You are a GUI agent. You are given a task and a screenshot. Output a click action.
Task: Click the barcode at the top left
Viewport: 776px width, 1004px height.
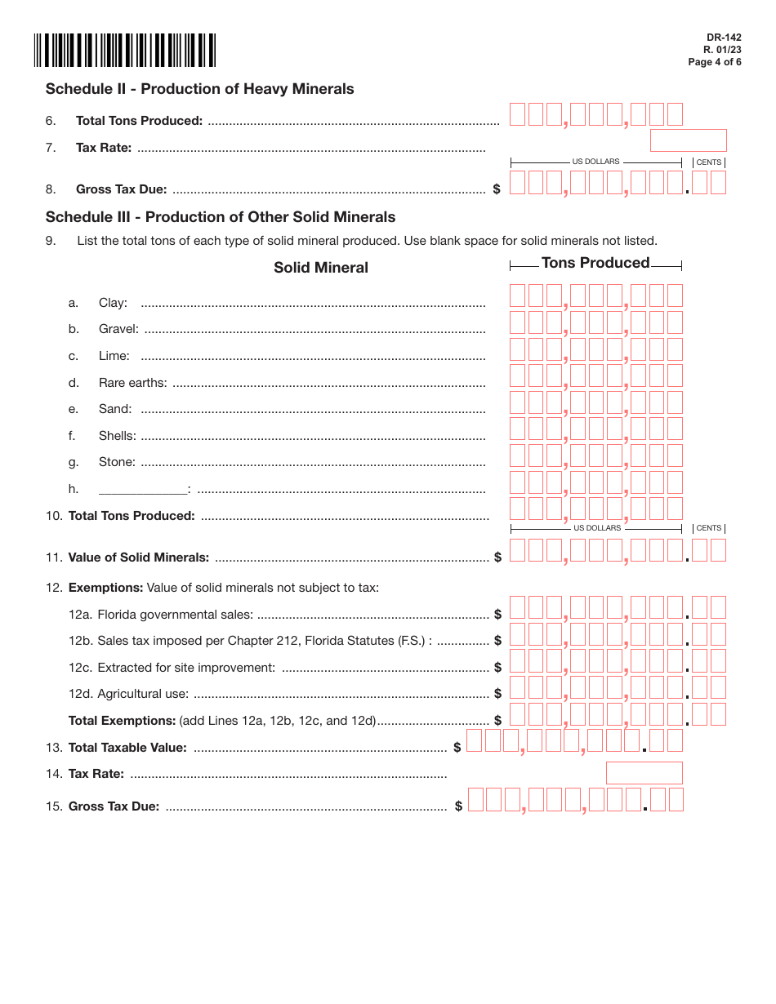click(x=125, y=50)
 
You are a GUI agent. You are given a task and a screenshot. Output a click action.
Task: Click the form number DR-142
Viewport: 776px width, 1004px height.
click(x=724, y=38)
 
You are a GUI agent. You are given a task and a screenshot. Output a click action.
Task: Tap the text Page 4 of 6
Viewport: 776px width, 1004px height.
click(x=715, y=62)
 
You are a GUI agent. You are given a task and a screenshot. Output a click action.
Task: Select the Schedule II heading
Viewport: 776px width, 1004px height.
click(x=200, y=89)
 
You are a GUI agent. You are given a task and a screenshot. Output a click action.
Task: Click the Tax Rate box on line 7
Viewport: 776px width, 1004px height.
click(x=688, y=140)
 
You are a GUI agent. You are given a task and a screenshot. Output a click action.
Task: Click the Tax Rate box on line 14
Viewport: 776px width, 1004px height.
click(x=644, y=773)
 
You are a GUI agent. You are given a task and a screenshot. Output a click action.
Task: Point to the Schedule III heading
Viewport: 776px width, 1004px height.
click(x=221, y=217)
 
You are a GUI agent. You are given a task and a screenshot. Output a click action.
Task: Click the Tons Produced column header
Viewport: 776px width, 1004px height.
click(x=595, y=263)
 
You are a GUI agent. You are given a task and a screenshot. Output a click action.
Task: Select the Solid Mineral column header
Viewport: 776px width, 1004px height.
click(x=321, y=268)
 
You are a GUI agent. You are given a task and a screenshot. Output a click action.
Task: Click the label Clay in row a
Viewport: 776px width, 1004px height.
click(x=113, y=303)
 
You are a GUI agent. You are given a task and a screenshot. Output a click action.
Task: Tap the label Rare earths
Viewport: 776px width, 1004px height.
click(x=132, y=383)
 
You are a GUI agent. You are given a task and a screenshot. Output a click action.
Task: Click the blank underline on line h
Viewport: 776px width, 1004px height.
click(x=143, y=490)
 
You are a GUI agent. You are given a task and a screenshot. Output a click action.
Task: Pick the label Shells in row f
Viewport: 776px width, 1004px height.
click(x=118, y=436)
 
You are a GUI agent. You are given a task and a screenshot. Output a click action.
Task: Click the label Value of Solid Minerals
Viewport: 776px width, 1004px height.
click(x=139, y=558)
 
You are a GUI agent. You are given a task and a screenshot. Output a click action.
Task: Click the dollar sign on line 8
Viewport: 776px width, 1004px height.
click(x=497, y=189)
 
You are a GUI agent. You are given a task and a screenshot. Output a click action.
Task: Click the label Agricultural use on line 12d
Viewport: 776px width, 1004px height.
click(x=143, y=694)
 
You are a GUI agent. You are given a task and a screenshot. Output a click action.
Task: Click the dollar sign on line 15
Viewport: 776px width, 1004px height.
click(x=459, y=806)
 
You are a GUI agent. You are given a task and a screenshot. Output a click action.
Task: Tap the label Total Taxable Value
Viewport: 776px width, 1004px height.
click(x=127, y=748)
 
